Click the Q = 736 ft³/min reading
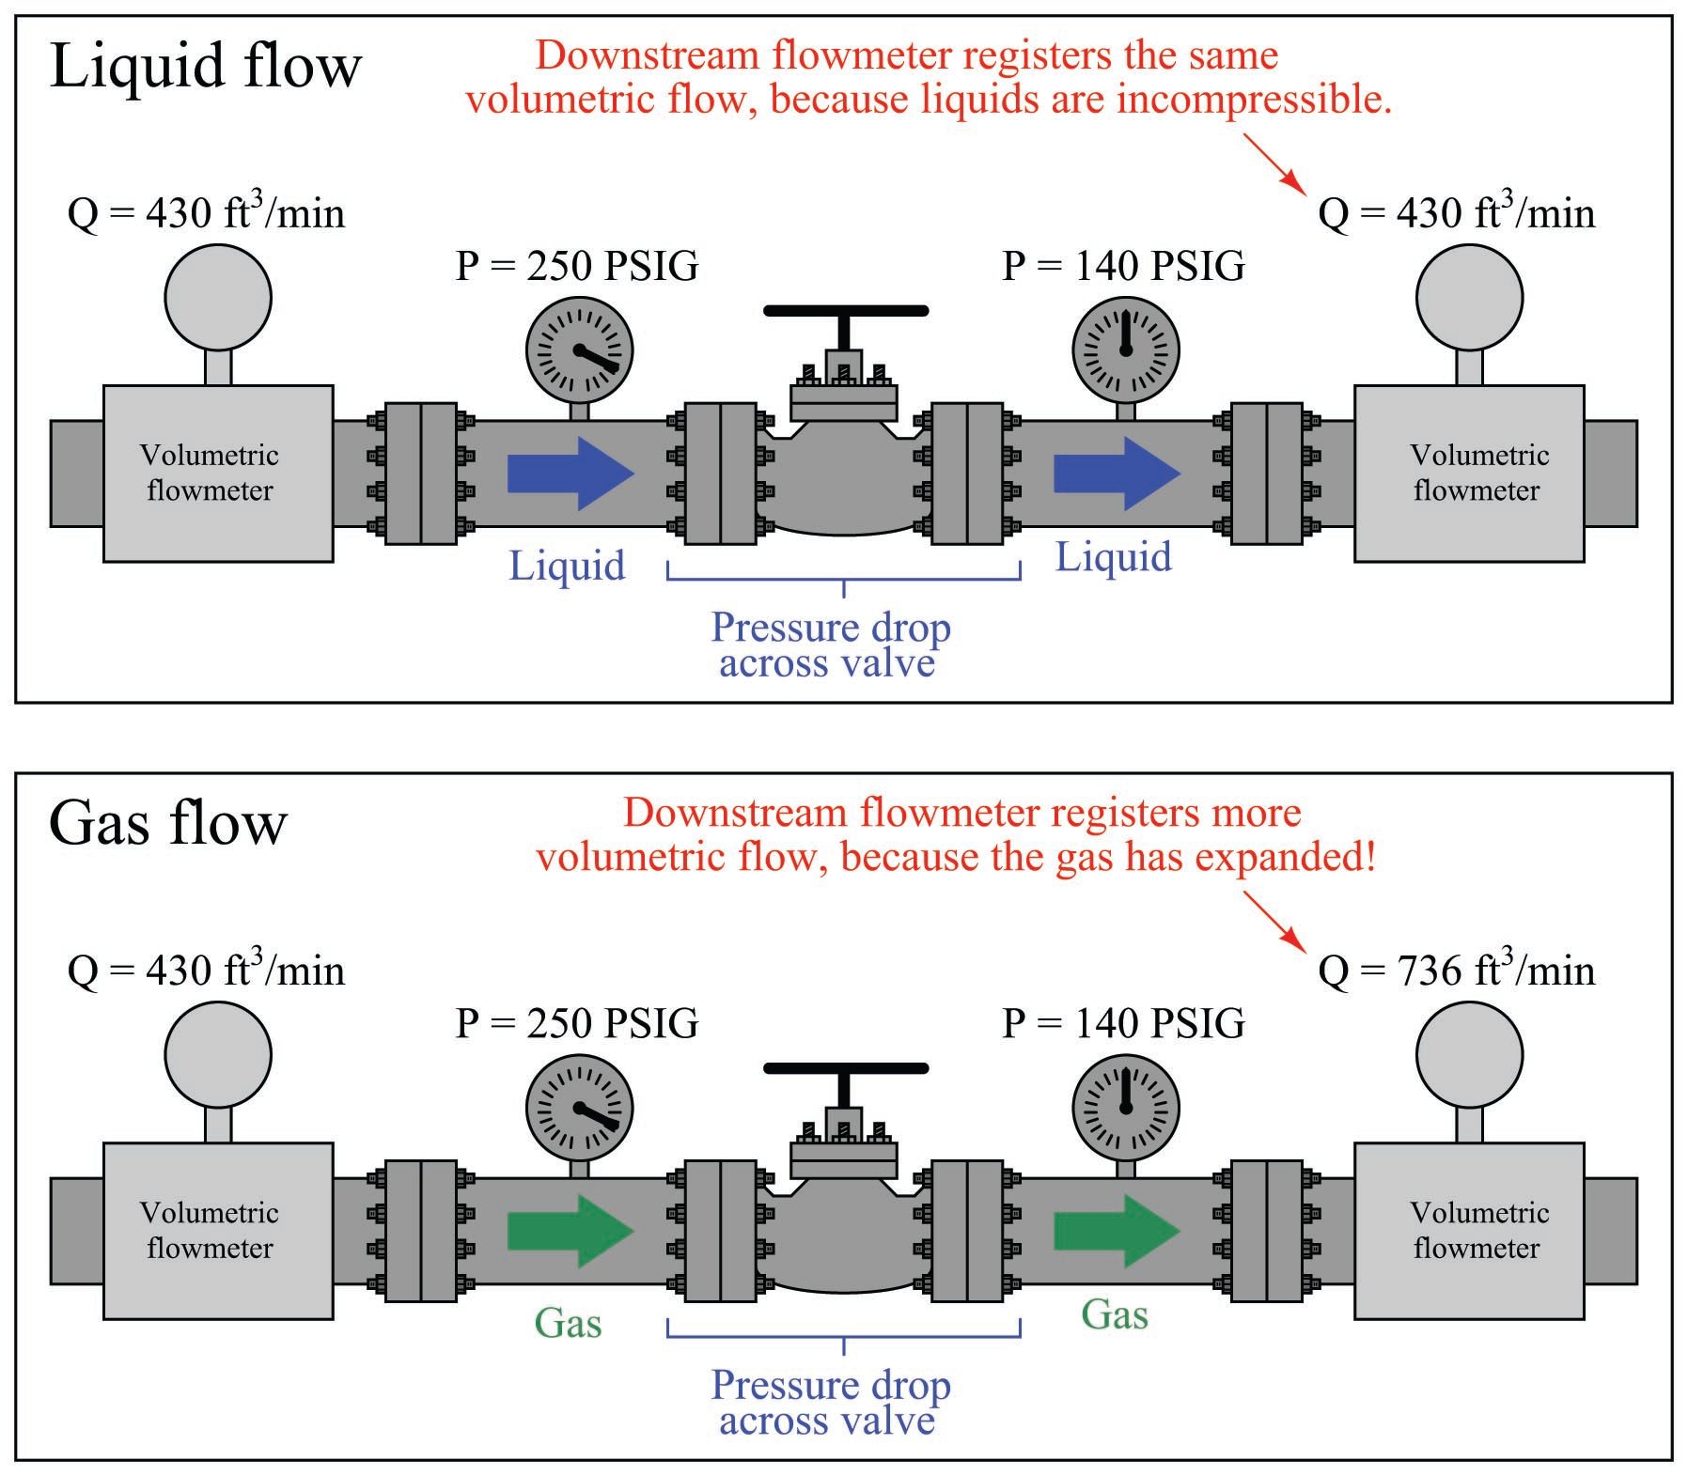point(1456,971)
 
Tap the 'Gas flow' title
point(167,824)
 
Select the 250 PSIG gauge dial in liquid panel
point(579,350)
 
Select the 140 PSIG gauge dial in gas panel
point(1125,1108)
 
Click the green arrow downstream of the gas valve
point(1117,1231)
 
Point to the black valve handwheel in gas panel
point(845,1068)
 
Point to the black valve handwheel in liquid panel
point(845,311)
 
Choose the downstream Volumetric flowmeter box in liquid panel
point(1468,474)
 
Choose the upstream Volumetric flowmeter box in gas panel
point(218,1231)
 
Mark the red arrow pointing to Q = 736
point(1274,920)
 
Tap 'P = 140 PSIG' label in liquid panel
point(1123,267)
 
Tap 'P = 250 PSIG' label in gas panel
point(577,1024)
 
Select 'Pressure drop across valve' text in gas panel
point(830,1403)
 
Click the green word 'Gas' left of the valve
point(568,1324)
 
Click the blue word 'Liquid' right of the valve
point(1114,557)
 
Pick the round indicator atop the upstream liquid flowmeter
point(218,298)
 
